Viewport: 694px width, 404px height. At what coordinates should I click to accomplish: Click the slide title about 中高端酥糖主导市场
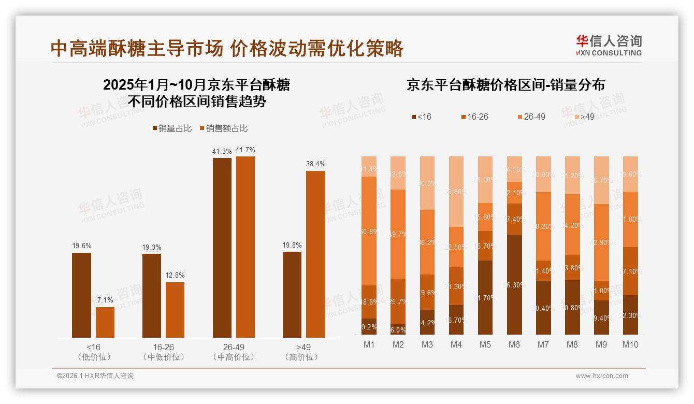pyautogui.click(x=227, y=48)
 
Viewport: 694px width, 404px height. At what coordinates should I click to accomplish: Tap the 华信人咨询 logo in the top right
pyautogui.click(x=609, y=45)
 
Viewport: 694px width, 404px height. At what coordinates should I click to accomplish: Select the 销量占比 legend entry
pyautogui.click(x=171, y=128)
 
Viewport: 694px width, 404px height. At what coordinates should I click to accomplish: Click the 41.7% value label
pyautogui.click(x=245, y=150)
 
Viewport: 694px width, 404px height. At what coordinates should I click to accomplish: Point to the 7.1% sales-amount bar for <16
pyautogui.click(x=105, y=322)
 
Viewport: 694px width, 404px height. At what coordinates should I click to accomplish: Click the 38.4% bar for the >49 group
pyautogui.click(x=315, y=254)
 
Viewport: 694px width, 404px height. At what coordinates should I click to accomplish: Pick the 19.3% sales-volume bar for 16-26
pyautogui.click(x=152, y=295)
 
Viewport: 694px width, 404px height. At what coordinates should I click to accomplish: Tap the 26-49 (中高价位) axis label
pyautogui.click(x=234, y=352)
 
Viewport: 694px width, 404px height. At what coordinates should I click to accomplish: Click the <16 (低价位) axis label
pyautogui.click(x=93, y=352)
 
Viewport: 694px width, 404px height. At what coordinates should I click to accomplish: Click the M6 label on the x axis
pyautogui.click(x=514, y=344)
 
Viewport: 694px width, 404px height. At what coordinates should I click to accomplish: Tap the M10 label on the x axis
pyautogui.click(x=630, y=344)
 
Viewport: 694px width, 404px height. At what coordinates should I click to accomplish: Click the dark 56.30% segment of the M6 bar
pyautogui.click(x=514, y=285)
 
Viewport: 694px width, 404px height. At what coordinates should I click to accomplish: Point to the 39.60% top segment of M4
pyautogui.click(x=456, y=192)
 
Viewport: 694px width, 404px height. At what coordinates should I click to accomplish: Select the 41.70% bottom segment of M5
pyautogui.click(x=485, y=297)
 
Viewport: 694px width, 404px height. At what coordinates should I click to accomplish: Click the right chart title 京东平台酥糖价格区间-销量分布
pyautogui.click(x=505, y=85)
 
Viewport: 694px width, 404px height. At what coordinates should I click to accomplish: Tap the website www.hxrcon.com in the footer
pyautogui.click(x=601, y=376)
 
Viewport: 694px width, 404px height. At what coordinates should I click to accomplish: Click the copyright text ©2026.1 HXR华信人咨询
pyautogui.click(x=95, y=376)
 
